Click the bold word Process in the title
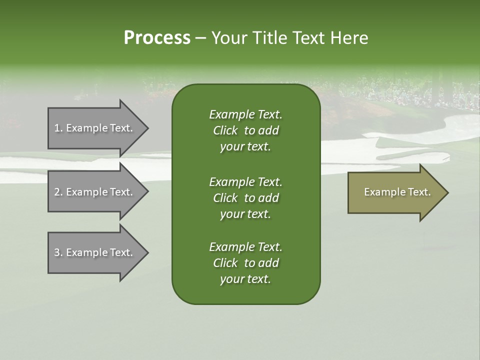(157, 38)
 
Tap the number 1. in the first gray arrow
(58, 128)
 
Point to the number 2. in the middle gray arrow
(58, 192)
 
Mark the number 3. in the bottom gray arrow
(58, 252)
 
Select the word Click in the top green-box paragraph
(225, 131)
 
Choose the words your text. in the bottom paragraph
(245, 279)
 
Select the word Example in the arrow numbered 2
(87, 192)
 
